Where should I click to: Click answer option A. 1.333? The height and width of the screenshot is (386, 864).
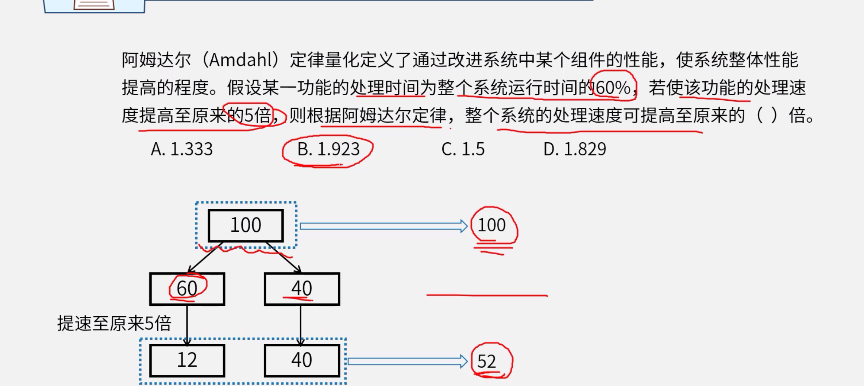point(182,149)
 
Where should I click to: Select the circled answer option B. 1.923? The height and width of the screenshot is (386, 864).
point(328,149)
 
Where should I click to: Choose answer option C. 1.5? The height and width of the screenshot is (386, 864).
point(463,149)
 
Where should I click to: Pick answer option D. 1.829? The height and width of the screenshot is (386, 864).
point(575,149)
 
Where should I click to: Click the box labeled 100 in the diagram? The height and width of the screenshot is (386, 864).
point(246,225)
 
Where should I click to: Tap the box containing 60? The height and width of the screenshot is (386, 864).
point(187,289)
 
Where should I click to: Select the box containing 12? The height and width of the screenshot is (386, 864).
point(187,360)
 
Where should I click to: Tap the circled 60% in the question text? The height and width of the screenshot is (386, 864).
point(613,88)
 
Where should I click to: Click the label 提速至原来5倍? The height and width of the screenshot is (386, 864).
point(114,323)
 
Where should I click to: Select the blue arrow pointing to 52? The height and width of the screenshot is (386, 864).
point(407,361)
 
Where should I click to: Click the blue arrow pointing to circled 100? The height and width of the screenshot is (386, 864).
point(383,226)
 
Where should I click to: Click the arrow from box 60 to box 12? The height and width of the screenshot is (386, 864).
point(187,325)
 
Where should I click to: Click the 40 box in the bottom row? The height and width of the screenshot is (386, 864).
point(302,360)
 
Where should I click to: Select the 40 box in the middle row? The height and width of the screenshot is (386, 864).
point(302,289)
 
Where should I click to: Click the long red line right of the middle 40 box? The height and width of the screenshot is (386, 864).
point(487,295)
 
